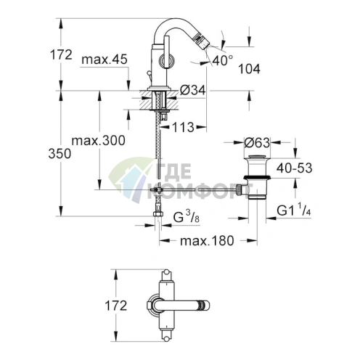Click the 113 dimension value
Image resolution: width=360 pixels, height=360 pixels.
185,126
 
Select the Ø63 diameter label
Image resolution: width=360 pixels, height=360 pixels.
259,142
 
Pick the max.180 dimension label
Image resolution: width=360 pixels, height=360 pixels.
206,240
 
